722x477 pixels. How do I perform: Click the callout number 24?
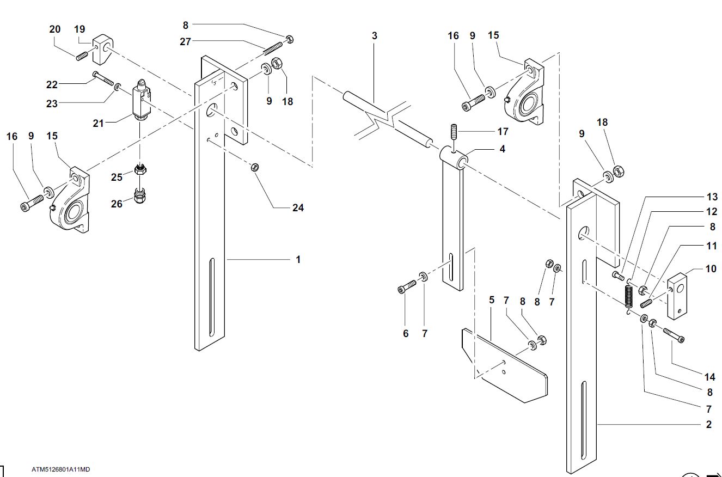[298, 207]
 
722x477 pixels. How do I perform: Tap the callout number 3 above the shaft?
[374, 35]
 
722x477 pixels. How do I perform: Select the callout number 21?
[98, 123]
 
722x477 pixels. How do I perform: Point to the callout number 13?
[712, 197]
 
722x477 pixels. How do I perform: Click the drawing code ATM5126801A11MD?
[60, 469]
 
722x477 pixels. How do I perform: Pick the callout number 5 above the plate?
[492, 299]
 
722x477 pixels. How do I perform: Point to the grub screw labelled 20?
[82, 56]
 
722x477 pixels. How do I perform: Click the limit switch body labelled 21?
[141, 100]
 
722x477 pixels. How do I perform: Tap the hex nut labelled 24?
[255, 167]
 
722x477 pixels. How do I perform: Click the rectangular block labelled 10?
[677, 296]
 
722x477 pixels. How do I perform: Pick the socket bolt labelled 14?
[674, 335]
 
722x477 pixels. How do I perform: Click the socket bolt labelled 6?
[407, 286]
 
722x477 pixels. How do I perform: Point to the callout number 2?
[709, 424]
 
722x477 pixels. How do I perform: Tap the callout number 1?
[298, 259]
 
